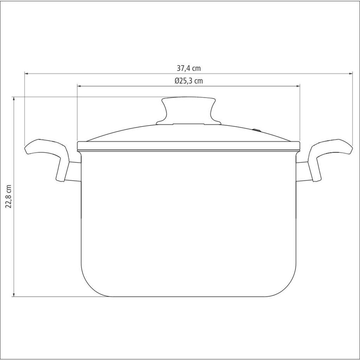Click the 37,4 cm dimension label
click(x=188, y=68)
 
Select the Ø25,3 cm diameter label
click(x=188, y=81)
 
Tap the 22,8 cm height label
click(x=8, y=196)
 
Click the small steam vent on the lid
click(x=257, y=130)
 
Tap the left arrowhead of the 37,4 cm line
click(x=26, y=73)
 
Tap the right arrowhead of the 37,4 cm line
click(x=351, y=73)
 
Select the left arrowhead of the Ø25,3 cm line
click(x=79, y=86)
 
